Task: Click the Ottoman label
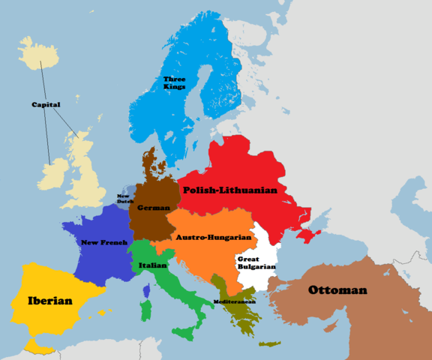(337, 290)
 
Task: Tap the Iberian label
(49, 301)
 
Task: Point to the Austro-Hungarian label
(213, 238)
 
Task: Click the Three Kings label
(174, 82)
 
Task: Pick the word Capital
(46, 104)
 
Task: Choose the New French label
(103, 243)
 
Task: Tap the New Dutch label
(124, 199)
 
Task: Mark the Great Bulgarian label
(252, 262)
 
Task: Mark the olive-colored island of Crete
(269, 344)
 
